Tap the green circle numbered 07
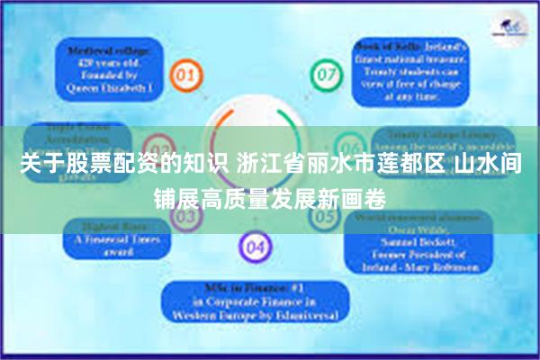[324, 72]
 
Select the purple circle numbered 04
[255, 245]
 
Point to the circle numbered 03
[158, 149]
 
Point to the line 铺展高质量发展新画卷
[269, 197]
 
